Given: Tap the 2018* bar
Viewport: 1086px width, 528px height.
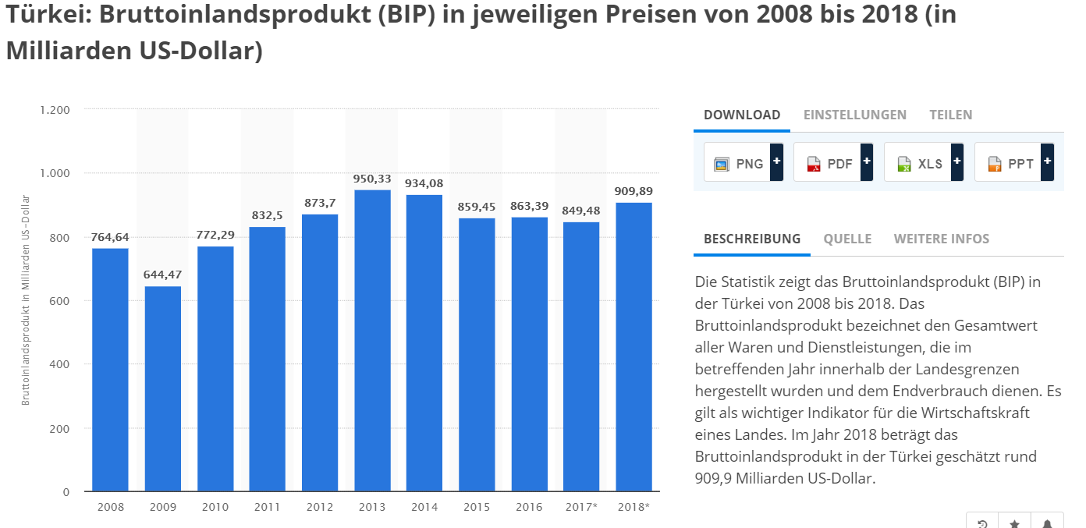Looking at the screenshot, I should click(x=633, y=347).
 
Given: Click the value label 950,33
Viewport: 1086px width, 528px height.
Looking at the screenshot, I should click(x=372, y=179).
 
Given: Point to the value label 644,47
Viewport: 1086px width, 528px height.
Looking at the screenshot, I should click(x=162, y=275).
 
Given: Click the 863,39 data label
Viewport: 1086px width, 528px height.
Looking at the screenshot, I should click(x=529, y=206).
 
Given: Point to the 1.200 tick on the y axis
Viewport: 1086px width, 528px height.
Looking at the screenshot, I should click(x=55, y=110).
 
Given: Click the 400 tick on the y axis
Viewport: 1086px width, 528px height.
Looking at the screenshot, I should click(x=60, y=364).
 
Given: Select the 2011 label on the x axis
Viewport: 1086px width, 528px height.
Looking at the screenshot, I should click(x=268, y=507).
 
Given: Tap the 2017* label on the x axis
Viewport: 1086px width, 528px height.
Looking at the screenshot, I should click(x=581, y=507).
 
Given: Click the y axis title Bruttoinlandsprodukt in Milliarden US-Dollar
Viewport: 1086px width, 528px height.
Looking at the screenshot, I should click(x=26, y=300).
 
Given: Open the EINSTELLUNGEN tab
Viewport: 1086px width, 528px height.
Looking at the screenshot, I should click(x=854, y=115).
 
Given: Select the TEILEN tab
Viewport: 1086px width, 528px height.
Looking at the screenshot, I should click(x=950, y=115).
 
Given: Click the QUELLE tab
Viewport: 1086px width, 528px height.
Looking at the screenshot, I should click(x=847, y=239).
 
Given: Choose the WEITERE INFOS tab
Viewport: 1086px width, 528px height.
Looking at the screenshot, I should click(x=941, y=239).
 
